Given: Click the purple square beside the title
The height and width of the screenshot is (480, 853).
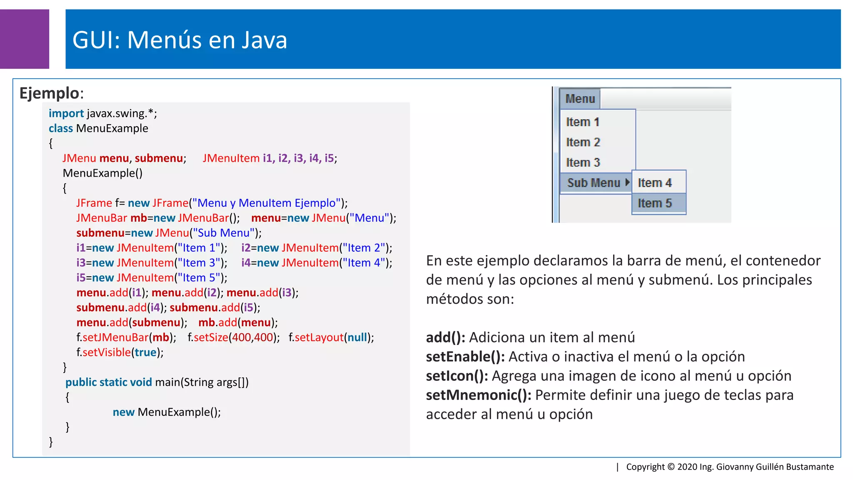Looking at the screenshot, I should point(24,39).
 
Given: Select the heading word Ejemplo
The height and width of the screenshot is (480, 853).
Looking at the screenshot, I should point(49,93).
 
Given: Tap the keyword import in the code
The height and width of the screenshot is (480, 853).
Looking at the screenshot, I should point(66,113).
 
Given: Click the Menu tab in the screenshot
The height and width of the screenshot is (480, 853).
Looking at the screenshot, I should point(580,99).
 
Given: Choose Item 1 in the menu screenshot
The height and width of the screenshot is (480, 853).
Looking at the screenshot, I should point(582,122).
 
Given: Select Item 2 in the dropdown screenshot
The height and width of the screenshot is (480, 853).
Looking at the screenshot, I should point(583,142).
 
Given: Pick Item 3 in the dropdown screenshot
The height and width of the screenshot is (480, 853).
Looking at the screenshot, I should point(583,162).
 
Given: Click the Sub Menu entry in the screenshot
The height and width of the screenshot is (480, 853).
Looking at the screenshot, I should point(594,183).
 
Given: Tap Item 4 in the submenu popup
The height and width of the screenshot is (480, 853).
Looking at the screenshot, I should point(655,183).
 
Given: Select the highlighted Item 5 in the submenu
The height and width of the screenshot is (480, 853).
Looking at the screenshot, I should point(655,203).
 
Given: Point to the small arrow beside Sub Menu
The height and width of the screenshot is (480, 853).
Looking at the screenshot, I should point(627,182).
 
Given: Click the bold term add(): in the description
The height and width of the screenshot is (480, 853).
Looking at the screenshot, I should point(445,337).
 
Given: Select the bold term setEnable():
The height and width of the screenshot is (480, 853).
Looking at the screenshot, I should point(465,357).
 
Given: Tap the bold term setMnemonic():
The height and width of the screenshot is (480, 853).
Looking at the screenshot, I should point(478,395).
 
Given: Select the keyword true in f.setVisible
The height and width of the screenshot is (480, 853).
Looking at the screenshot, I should point(145,352).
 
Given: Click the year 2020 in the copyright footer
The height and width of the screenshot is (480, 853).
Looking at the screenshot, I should point(687,467).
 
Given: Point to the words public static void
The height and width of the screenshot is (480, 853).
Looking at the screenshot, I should point(108,382).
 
